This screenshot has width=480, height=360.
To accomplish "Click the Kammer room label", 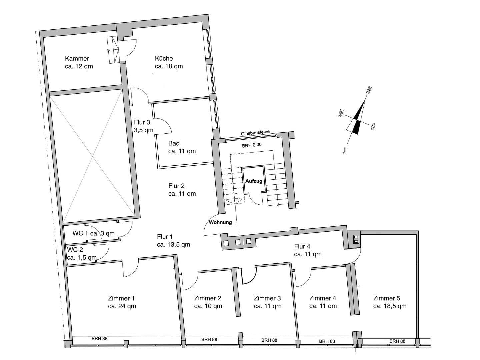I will coord(79,62).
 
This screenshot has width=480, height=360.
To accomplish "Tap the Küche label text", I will coord(169,62).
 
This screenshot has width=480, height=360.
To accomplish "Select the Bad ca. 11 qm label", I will coord(182,147).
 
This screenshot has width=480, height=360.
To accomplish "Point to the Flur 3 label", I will coord(143,126).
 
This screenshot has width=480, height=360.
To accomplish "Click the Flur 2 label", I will coord(182,190).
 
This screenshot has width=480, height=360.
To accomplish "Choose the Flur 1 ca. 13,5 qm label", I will coord(173,241).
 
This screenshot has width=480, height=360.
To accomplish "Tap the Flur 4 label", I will coord(307,250).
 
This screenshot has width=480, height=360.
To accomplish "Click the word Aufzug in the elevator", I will coord(254,181).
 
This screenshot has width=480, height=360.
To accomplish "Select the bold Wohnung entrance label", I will coord(220,222).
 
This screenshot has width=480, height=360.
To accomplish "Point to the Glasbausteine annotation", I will coord(255,133).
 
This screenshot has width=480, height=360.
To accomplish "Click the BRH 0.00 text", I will coord(252,145).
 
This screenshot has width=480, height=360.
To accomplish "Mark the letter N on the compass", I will coord(369,90).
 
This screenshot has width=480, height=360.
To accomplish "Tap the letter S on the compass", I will coord(344,150).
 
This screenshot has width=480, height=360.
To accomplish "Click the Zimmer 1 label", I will coord(122,302).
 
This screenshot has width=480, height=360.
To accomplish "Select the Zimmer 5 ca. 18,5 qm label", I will coord(389,302).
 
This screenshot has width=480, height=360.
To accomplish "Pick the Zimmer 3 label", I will coord(267,302).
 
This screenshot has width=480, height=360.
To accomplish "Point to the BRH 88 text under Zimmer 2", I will coord(209,340).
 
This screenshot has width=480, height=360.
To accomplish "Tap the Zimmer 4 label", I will coord(323,302).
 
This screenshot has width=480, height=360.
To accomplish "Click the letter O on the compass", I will coord(373,126).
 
